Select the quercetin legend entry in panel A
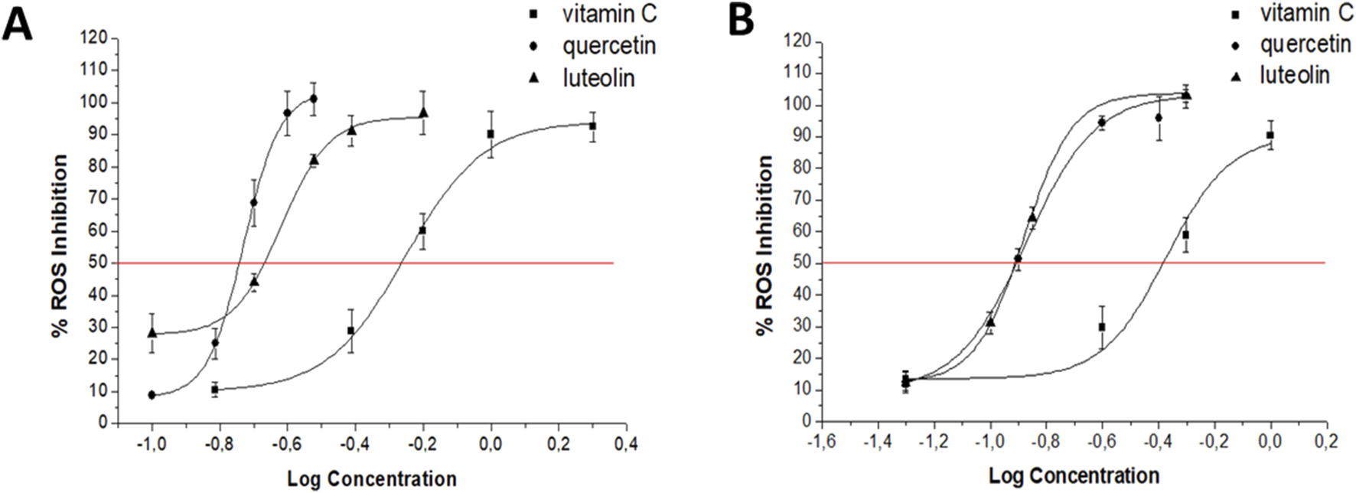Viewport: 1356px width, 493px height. (608, 46)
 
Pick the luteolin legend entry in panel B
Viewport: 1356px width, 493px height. (1294, 75)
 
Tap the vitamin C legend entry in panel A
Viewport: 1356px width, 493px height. (609, 14)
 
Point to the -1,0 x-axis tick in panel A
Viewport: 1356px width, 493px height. (152, 442)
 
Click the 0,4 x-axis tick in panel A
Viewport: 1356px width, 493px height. (627, 442)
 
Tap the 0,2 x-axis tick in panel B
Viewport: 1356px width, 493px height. (1326, 442)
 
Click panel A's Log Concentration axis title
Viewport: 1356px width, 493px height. (372, 479)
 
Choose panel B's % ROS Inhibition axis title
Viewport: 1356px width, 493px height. (763, 246)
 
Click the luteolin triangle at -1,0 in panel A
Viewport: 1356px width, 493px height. (152, 333)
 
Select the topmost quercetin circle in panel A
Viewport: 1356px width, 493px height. (314, 99)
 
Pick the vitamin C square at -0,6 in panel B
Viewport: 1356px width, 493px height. (1102, 327)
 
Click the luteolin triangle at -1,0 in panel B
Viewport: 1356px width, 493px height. (990, 322)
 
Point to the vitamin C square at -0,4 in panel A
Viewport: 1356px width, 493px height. (350, 331)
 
